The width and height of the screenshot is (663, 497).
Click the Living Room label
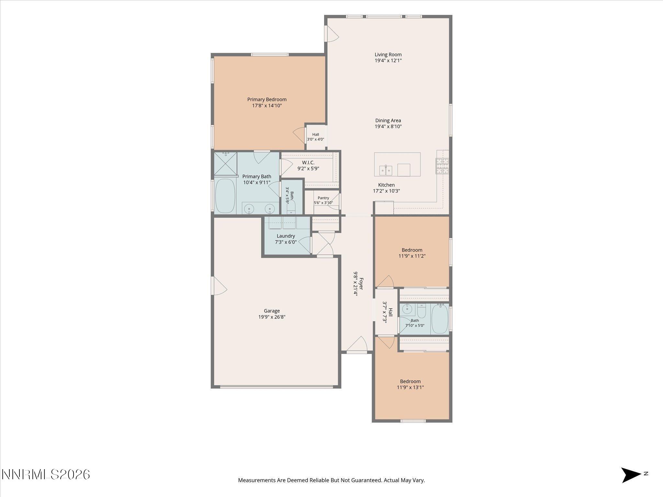(x=388, y=55)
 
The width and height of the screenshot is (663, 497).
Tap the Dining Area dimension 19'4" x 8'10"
(x=388, y=127)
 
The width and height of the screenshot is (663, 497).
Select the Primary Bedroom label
(x=267, y=100)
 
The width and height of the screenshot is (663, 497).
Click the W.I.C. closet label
(x=308, y=163)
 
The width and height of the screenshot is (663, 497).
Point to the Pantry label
(x=323, y=198)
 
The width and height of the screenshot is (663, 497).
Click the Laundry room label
(x=286, y=236)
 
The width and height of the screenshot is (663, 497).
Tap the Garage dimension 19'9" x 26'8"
(x=272, y=317)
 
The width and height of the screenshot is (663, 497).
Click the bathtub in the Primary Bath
(x=225, y=195)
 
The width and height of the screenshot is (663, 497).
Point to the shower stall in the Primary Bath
(x=226, y=164)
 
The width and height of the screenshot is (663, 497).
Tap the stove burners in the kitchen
(x=442, y=166)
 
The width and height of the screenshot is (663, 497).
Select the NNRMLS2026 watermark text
(x=46, y=475)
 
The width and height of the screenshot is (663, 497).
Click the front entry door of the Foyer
(x=357, y=344)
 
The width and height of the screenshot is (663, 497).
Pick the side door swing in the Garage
(x=219, y=285)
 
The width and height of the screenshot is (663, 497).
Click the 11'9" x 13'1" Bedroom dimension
(x=410, y=387)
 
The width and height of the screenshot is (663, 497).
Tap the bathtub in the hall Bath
(x=440, y=319)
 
